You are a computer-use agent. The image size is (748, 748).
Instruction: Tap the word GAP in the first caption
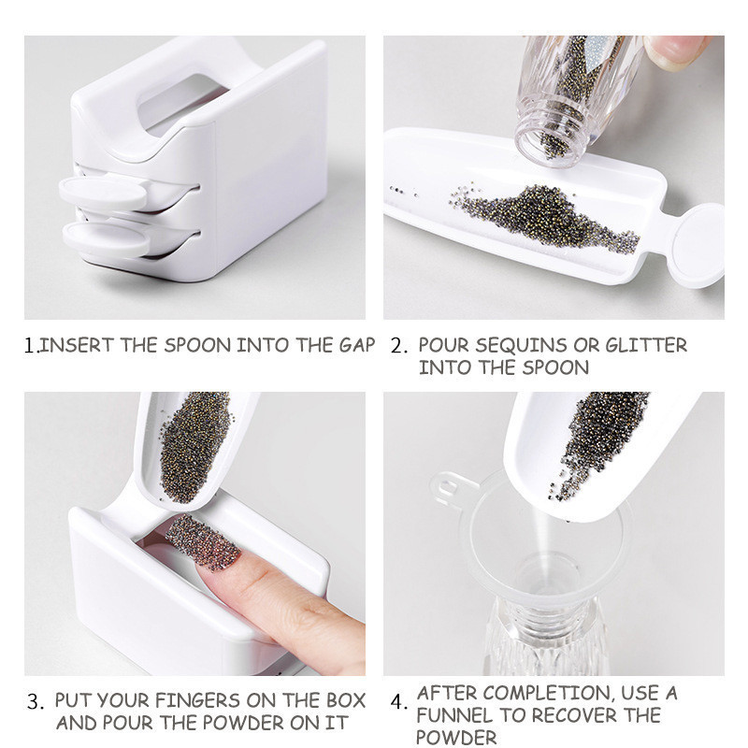[x=357, y=345]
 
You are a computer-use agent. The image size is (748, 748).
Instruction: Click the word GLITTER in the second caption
[x=646, y=345]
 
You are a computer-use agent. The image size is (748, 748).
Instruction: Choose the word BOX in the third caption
[x=346, y=700]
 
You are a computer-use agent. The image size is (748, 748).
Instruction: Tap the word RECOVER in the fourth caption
[x=576, y=715]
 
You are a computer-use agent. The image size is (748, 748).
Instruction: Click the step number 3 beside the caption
[x=35, y=701]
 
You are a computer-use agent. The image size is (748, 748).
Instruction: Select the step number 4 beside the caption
[x=398, y=702]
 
